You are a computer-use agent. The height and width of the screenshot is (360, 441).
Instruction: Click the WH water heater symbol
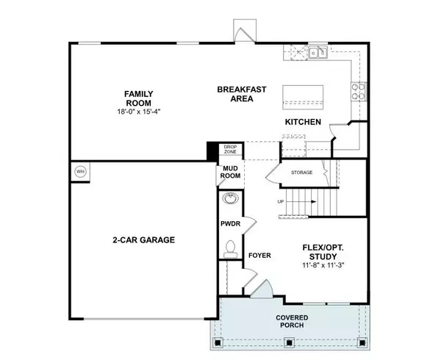pos(80,172)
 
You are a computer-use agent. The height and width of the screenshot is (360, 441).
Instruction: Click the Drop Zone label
pos(231,149)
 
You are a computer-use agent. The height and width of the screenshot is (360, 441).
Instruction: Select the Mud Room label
pos(228,173)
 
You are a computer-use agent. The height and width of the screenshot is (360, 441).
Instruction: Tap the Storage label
pos(302,173)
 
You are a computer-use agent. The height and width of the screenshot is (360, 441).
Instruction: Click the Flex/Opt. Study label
pos(325,251)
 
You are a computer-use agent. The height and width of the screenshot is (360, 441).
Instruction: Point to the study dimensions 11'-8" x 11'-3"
pos(325,265)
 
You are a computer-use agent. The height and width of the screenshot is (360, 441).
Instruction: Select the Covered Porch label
pos(292,321)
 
